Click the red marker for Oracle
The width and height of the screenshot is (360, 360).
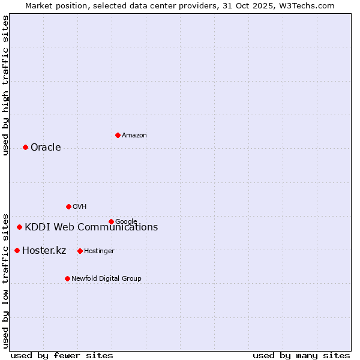[x=25, y=148]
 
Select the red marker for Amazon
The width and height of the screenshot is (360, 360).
[x=118, y=136]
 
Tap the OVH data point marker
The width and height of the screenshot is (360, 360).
[x=68, y=207]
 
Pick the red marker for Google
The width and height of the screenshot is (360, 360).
[x=111, y=222]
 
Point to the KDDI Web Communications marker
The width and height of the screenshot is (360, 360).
[x=19, y=227]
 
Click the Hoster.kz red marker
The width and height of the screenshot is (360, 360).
[x=17, y=251]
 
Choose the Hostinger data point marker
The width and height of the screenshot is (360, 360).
[x=80, y=251]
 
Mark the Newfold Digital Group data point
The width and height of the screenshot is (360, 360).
[x=67, y=279]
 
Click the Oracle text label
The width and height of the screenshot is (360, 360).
[x=46, y=148]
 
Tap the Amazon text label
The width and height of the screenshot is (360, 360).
[x=134, y=136]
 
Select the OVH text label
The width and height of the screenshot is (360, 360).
[x=80, y=207]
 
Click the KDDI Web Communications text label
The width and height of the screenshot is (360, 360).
[x=91, y=227]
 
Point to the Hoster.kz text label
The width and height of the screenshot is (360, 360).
[x=44, y=251]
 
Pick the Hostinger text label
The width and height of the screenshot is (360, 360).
[x=99, y=251]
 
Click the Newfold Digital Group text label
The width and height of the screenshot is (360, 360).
[x=106, y=279]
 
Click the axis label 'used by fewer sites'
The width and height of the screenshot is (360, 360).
[x=62, y=355]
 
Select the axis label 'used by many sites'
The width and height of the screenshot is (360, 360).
[x=301, y=355]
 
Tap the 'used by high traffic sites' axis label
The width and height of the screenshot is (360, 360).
[x=6, y=85]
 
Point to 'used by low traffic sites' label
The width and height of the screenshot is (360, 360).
[x=6, y=280]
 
